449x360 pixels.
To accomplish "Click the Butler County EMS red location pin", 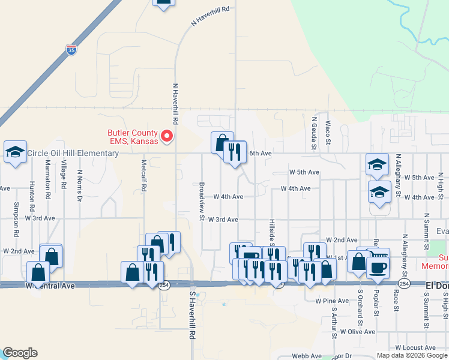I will click(168, 137).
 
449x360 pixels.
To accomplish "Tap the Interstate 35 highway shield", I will click(71, 50).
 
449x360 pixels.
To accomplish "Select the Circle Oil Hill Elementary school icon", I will click(15, 152).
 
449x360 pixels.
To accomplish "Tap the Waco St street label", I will click(328, 133).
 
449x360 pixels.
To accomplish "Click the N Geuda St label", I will click(313, 131).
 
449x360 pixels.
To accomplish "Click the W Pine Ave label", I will click(327, 300).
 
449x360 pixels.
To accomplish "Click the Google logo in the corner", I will click(20, 353).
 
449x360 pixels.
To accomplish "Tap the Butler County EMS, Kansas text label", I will click(132, 137).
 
